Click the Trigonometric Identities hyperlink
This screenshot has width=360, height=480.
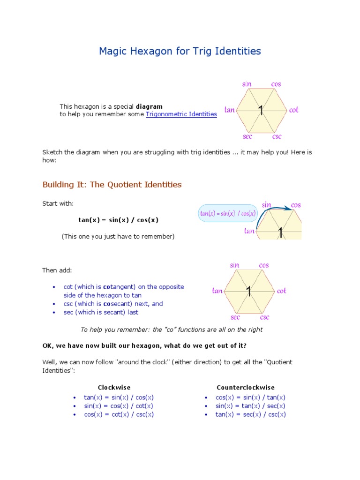[x=181, y=114]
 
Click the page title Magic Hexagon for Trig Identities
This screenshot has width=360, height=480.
[x=180, y=51]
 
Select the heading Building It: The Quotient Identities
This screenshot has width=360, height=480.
[x=112, y=185]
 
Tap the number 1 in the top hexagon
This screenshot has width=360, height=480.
[x=261, y=111]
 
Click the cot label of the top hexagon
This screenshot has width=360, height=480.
[x=293, y=110]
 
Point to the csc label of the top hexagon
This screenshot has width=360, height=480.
[x=277, y=137]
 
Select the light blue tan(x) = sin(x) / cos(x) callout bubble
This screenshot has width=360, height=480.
[x=228, y=213]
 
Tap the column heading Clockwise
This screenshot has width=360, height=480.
[x=114, y=388]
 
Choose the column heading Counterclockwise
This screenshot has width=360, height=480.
[x=246, y=388]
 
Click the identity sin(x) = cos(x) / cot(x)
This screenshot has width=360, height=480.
[x=119, y=406]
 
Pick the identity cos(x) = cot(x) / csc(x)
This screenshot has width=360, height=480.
[x=119, y=414]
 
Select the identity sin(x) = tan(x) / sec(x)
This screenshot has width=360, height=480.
[x=250, y=406]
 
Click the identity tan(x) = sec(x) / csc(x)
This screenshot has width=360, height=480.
[x=250, y=414]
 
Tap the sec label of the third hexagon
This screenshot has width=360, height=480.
[x=235, y=317]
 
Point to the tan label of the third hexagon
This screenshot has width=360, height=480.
[x=217, y=291]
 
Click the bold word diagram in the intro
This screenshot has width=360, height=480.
[x=149, y=106]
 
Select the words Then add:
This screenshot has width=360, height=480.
[x=57, y=270]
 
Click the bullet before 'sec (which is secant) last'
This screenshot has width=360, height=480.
[x=54, y=313]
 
